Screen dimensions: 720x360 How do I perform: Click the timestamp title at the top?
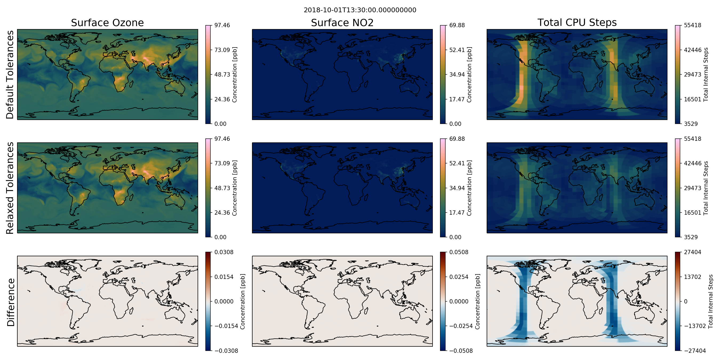pyautogui.click(x=360, y=10)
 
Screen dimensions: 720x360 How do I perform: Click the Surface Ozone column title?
pyautogui.click(x=107, y=23)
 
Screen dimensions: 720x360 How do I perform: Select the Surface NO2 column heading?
pyautogui.click(x=342, y=23)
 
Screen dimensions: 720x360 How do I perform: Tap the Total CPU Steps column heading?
pyautogui.click(x=577, y=22)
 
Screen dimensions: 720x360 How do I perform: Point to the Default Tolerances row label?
pyautogui.click(x=10, y=75)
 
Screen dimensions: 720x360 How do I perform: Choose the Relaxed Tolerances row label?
pyautogui.click(x=10, y=188)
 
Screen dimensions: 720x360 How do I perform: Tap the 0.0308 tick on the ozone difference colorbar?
pyautogui.click(x=224, y=252)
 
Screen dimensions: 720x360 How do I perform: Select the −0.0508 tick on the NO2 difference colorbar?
pyautogui.click(x=461, y=351)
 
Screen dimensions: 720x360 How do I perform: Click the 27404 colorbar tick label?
pyautogui.click(x=693, y=252)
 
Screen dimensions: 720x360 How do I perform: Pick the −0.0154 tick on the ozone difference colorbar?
pyautogui.click(x=226, y=326)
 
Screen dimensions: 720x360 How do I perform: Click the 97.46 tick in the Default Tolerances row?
pyautogui.click(x=222, y=25)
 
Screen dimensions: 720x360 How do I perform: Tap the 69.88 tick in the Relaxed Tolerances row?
pyautogui.click(x=457, y=139)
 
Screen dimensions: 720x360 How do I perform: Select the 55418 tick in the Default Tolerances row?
pyautogui.click(x=693, y=25)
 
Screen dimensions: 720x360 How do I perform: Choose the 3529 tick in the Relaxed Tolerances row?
pyautogui.click(x=691, y=237)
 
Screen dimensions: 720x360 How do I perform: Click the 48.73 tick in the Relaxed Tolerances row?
pyautogui.click(x=222, y=188)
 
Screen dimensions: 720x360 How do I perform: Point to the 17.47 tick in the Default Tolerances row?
pyautogui.click(x=457, y=99)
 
